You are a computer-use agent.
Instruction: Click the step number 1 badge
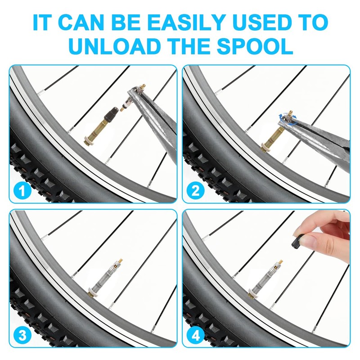point(22,190)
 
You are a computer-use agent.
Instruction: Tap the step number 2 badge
point(195,190)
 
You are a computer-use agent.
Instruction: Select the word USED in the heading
point(263,22)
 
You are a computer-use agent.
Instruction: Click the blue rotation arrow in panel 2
point(288,119)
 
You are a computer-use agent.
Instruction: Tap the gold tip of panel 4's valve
point(280,262)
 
